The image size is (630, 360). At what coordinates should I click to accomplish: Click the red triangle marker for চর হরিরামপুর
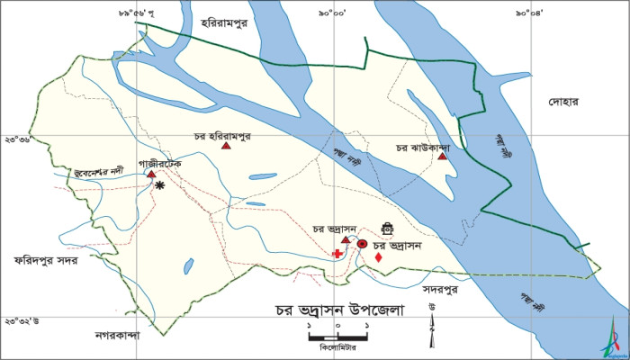pos(227,146)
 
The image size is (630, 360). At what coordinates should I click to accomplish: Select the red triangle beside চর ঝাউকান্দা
pos(442,157)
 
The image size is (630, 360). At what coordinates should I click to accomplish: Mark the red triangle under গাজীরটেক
pos(151,175)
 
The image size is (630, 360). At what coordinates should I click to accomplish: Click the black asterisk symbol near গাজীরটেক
pos(160,185)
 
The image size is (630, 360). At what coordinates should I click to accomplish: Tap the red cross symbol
pos(337,255)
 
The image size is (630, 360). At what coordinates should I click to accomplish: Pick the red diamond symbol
pos(378,257)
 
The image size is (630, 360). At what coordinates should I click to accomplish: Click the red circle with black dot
pos(362,244)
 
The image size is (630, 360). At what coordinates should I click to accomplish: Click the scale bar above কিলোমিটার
pos(337,336)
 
